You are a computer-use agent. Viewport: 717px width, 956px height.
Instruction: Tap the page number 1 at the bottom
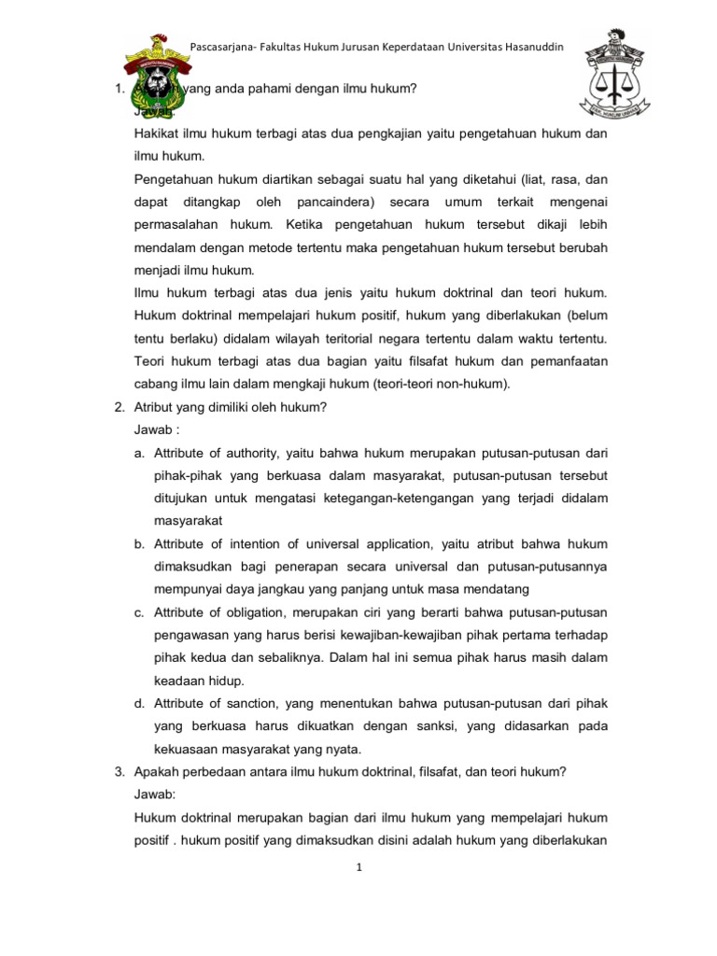358,867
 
